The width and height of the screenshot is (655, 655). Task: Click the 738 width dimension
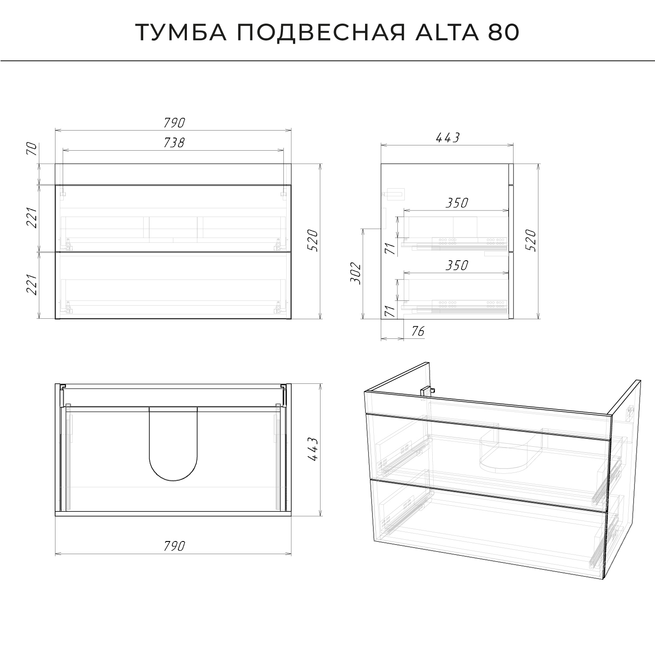(174, 142)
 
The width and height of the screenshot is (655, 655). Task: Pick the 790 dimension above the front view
(174, 123)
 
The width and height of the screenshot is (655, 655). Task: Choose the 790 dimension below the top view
(174, 545)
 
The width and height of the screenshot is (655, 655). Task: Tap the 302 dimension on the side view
(356, 273)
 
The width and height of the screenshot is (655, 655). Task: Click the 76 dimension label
(418, 331)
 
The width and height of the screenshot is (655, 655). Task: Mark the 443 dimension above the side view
(448, 138)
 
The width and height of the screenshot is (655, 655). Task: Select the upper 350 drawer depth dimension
(457, 203)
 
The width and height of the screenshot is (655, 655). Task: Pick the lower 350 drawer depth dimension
(457, 265)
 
